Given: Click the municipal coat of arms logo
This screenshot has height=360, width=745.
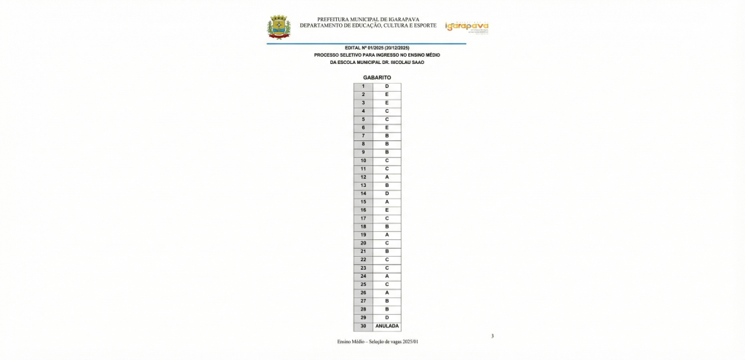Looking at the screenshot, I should [279, 26].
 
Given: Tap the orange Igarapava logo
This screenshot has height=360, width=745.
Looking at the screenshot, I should [466, 27].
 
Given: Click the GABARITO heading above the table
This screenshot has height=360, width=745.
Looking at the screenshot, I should [377, 77].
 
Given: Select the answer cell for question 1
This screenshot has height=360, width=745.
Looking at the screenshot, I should [386, 87].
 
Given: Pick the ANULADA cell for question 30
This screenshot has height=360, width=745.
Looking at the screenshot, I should [386, 327].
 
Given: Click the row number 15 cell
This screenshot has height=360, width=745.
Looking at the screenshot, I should [363, 202].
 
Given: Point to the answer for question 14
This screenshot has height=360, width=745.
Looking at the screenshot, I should [386, 194].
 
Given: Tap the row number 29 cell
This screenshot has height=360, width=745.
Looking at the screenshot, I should [363, 318].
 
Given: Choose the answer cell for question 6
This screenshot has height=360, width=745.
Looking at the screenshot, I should [386, 128].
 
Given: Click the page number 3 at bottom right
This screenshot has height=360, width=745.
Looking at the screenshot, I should [493, 336].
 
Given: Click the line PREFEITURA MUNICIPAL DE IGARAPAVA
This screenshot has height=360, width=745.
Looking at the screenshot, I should [368, 20].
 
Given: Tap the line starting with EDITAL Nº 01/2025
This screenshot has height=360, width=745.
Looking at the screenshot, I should [377, 47].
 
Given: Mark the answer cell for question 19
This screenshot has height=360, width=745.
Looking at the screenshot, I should [386, 235].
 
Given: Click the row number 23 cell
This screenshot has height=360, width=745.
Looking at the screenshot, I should [363, 268].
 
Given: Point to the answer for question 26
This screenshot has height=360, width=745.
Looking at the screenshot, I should [386, 293].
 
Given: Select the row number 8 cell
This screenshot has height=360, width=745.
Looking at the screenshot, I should [363, 144].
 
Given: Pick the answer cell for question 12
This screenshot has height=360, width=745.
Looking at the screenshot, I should [386, 177].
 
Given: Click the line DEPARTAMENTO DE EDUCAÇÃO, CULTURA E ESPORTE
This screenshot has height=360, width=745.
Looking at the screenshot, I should [368, 25].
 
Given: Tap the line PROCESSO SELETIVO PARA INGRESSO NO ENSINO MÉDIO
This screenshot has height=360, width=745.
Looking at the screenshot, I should [377, 55].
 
